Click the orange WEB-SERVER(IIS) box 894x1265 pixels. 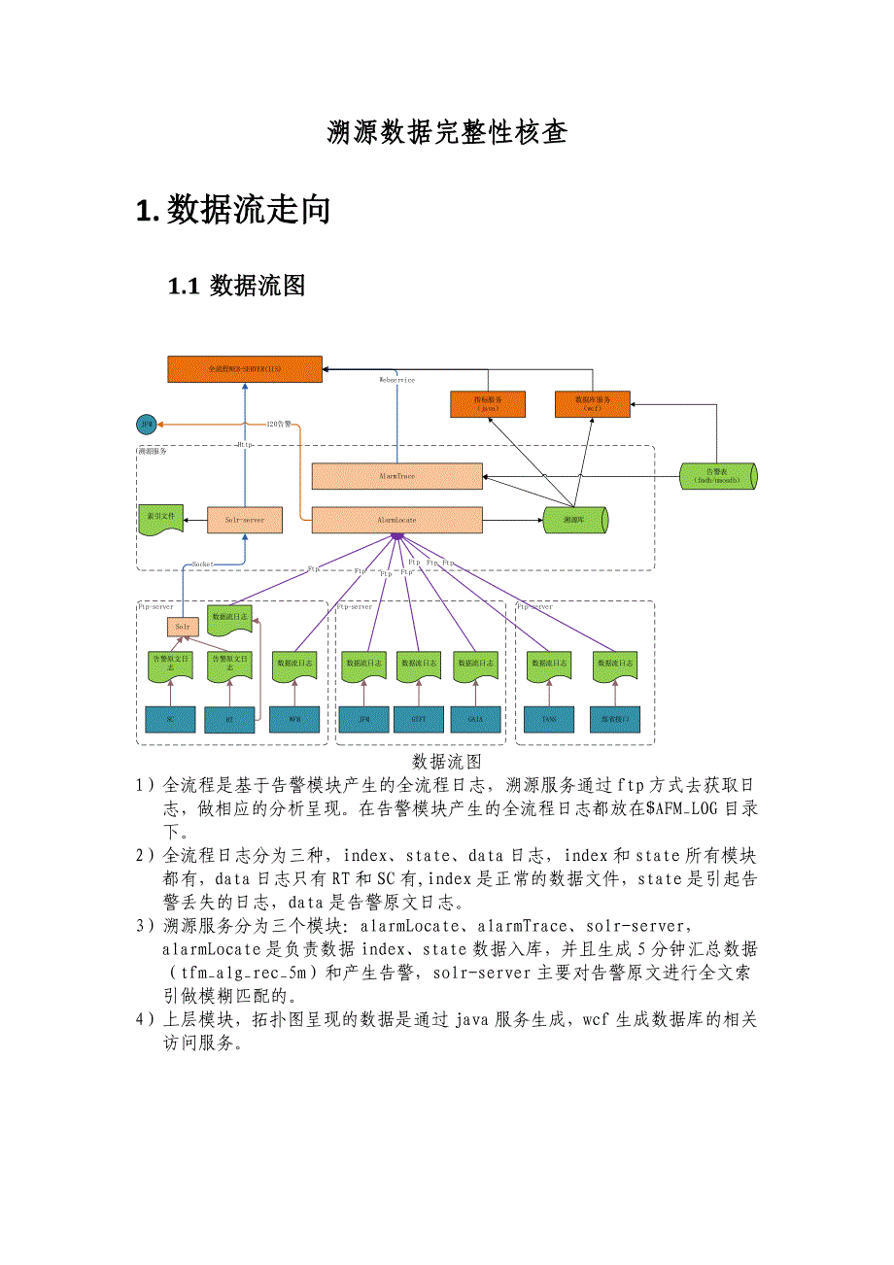(x=244, y=369)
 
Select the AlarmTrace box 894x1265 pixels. (x=396, y=476)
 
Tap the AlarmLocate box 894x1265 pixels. (x=396, y=520)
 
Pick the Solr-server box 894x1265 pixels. (x=244, y=520)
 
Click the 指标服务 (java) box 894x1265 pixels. (x=488, y=404)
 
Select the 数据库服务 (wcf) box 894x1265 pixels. (x=592, y=404)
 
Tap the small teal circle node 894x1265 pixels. (x=147, y=425)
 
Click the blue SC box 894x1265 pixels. (x=170, y=719)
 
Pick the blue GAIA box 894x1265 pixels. (x=475, y=719)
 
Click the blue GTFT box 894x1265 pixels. (x=419, y=719)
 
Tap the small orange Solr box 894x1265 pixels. (x=182, y=627)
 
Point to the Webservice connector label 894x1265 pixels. (x=396, y=380)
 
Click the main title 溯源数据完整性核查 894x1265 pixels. (x=446, y=133)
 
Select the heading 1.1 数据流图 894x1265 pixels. (x=237, y=286)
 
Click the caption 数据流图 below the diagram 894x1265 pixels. (x=446, y=761)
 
